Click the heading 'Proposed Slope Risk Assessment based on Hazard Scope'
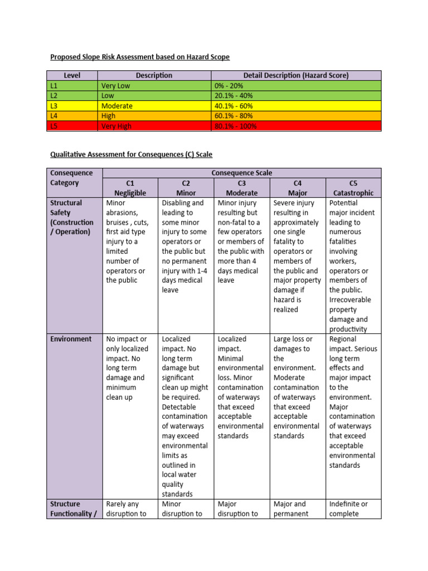pyautogui.click(x=140, y=57)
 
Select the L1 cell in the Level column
pyautogui.click(x=72, y=86)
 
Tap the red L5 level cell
pyautogui.click(x=72, y=126)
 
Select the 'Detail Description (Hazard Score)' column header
pyautogui.click(x=296, y=75)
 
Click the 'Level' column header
pyautogui.click(x=72, y=75)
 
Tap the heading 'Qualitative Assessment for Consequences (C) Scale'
pyautogui.click(x=132, y=154)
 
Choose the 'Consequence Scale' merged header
pyautogui.click(x=242, y=173)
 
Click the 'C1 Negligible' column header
pyautogui.click(x=130, y=187)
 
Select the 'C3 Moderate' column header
pyautogui.click(x=242, y=187)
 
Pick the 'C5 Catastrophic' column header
pyautogui.click(x=353, y=187)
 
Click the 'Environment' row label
pyautogui.click(x=71, y=339)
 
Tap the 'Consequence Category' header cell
pyautogui.click(x=71, y=178)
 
